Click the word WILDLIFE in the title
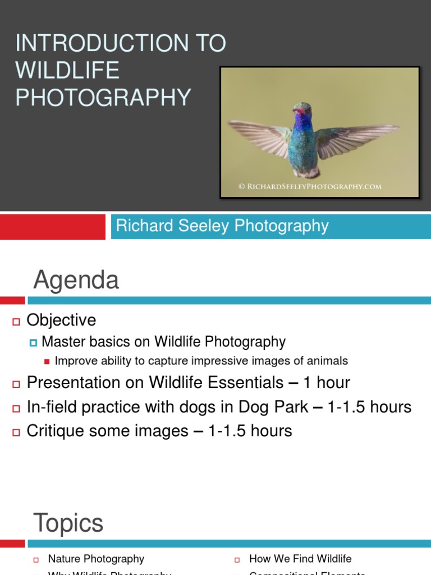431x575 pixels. (x=67, y=70)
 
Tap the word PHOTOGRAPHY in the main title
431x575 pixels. (x=103, y=97)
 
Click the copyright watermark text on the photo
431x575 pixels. (x=310, y=186)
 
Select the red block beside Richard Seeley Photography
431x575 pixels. (x=53, y=226)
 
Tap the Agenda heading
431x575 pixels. (x=76, y=280)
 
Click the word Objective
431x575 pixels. (x=62, y=320)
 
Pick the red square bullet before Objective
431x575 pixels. (x=16, y=321)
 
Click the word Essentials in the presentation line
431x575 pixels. (x=244, y=383)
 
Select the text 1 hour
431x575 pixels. (x=327, y=383)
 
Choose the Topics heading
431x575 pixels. (x=68, y=523)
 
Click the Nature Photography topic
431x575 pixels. (x=96, y=559)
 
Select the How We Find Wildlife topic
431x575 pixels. (x=300, y=559)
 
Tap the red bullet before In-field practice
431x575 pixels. (x=16, y=408)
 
